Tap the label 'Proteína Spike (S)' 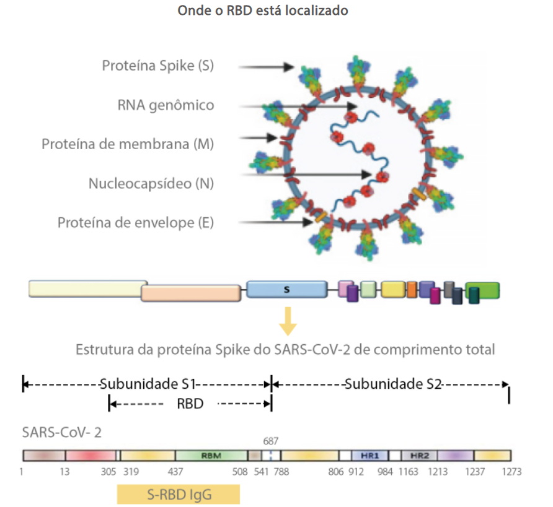pyautogui.click(x=158, y=66)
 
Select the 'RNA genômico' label pyautogui.click(x=166, y=105)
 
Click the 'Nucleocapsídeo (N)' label pyautogui.click(x=151, y=183)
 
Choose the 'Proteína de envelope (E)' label pyautogui.click(x=136, y=222)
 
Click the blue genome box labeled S pyautogui.click(x=286, y=288)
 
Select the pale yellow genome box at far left pyautogui.click(x=87, y=288)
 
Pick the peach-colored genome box pyautogui.click(x=191, y=293)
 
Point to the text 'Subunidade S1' pyautogui.click(x=148, y=384)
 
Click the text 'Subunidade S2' pyautogui.click(x=392, y=384)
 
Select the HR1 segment pyautogui.click(x=369, y=455)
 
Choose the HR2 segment pyautogui.click(x=420, y=455)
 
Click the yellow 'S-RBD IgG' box pyautogui.click(x=178, y=493)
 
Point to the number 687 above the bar pyautogui.click(x=271, y=441)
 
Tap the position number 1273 pyautogui.click(x=511, y=472)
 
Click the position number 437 pyautogui.click(x=175, y=472)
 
